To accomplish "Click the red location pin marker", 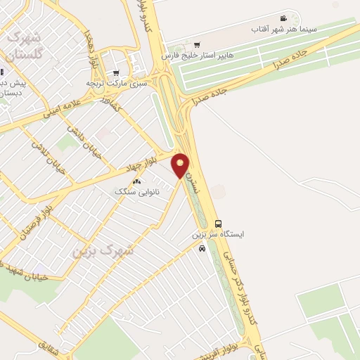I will tap(181, 166).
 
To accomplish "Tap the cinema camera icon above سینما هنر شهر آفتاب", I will tap(283, 18).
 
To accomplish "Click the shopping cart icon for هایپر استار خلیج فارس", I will tap(196, 43).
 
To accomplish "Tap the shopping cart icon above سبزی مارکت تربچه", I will tap(115, 72).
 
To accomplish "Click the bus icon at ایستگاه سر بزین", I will tap(217, 224).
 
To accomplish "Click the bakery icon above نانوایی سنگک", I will tap(136, 181).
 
